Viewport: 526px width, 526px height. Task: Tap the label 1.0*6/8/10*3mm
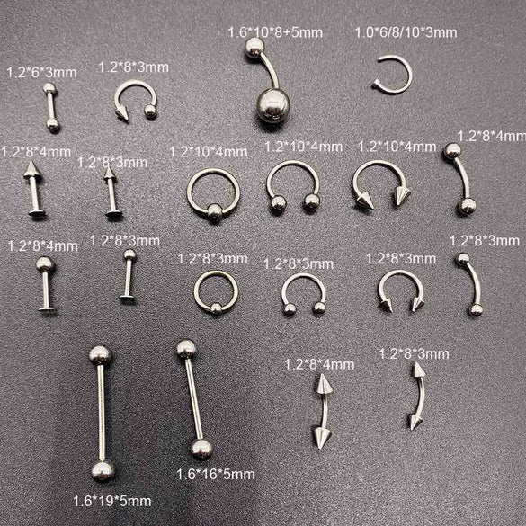tap(405, 32)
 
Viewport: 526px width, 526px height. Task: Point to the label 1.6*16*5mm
tap(215, 474)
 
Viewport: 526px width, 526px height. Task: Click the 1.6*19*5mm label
tap(111, 500)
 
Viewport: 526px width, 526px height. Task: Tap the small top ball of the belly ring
tap(254, 48)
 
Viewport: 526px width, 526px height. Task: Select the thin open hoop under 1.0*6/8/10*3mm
tap(393, 74)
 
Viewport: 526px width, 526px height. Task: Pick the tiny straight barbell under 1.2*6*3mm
tap(51, 107)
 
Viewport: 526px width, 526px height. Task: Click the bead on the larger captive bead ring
tap(214, 212)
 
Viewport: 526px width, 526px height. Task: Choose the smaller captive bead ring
tap(216, 292)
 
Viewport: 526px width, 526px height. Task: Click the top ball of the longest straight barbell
tap(100, 354)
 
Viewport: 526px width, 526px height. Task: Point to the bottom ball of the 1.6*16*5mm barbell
tap(201, 448)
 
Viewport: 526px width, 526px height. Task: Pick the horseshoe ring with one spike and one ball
tap(135, 98)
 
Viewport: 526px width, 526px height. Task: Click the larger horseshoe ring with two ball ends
tap(293, 185)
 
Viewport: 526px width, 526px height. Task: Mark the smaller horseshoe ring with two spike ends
tap(401, 290)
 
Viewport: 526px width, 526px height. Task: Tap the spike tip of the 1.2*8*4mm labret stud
tap(32, 167)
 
